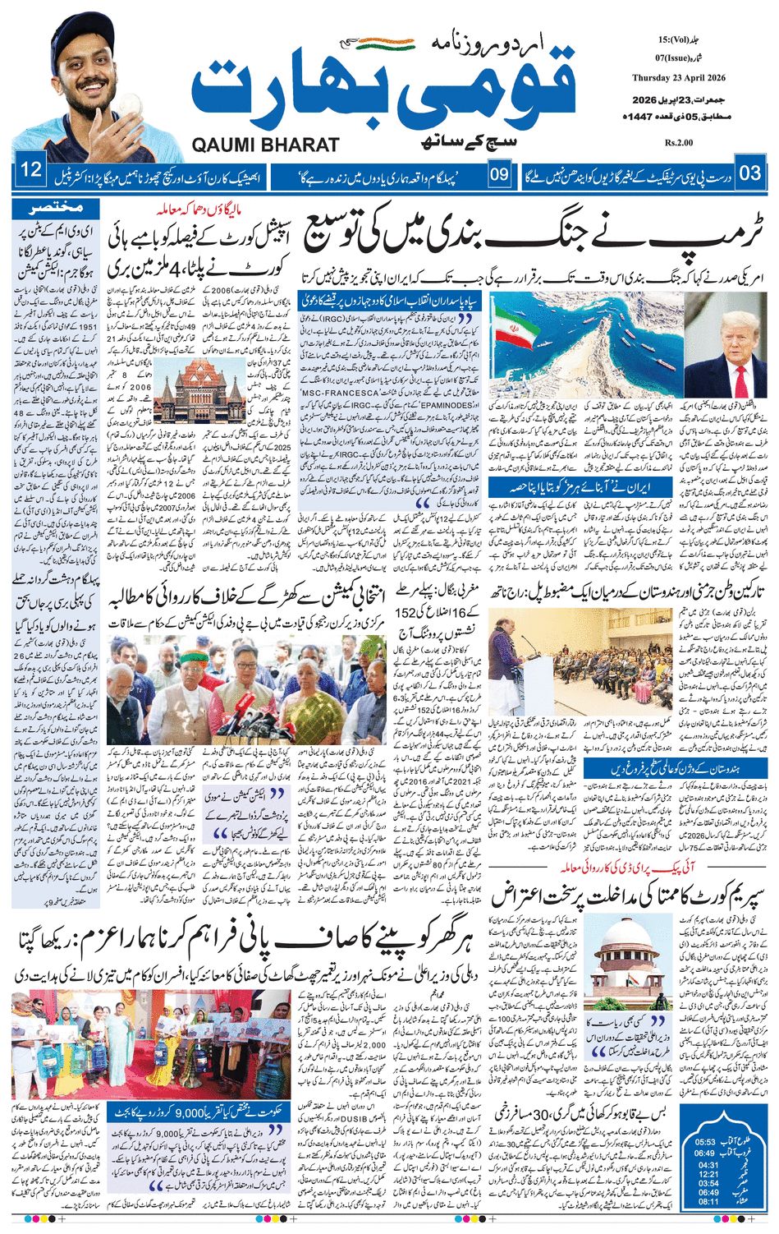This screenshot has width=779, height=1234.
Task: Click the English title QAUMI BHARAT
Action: tap(265, 145)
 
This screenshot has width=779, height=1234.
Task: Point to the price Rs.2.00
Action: tap(680, 142)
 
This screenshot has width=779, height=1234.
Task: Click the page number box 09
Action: tap(499, 174)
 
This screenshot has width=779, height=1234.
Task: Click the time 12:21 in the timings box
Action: tap(708, 1173)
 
